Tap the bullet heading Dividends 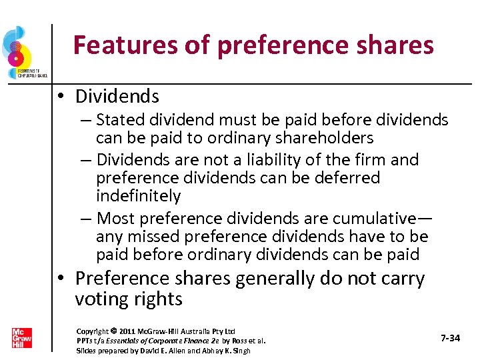tap(117, 97)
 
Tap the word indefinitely tap(138, 196)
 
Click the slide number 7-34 tap(451, 339)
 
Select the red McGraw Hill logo tap(21, 338)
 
